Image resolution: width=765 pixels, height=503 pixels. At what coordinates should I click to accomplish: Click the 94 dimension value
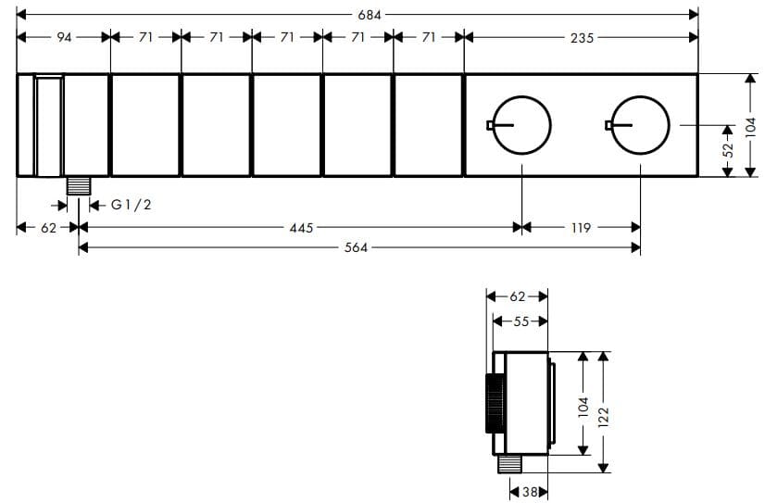click(x=64, y=38)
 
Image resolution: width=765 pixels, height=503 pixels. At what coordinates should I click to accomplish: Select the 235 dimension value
click(x=583, y=38)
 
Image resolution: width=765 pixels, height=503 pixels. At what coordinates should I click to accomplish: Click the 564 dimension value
click(x=356, y=247)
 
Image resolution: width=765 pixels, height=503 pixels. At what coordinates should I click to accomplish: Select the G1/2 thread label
click(x=131, y=205)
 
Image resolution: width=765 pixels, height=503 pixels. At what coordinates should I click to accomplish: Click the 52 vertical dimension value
click(x=728, y=149)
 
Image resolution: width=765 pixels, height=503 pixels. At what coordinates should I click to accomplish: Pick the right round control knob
click(x=639, y=124)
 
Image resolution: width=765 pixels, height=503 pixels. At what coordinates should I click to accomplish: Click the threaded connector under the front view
click(x=78, y=184)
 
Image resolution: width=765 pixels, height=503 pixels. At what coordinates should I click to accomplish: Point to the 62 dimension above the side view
click(x=518, y=297)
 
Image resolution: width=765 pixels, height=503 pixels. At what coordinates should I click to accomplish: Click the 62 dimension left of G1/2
click(x=48, y=227)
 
